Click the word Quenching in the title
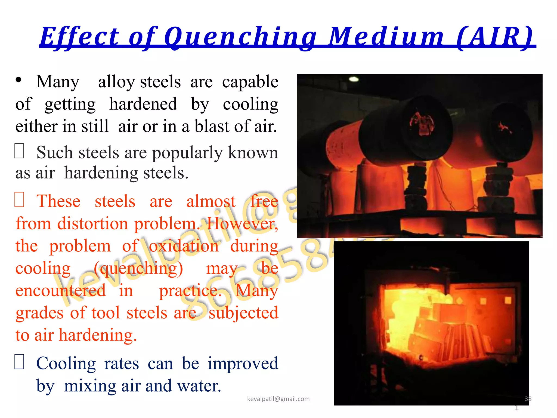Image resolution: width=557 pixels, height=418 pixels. (240, 37)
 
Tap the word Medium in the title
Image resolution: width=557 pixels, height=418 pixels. (386, 37)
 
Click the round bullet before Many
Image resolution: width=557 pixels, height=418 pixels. (18, 80)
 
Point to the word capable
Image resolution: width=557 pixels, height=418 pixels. (250, 82)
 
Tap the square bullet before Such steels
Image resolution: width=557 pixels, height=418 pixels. (19, 151)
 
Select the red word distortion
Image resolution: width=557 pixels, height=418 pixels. (93, 224)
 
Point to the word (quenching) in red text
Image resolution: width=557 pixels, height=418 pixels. (138, 269)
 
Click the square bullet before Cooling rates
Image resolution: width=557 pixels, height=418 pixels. (19, 362)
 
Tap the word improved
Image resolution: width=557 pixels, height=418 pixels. (243, 364)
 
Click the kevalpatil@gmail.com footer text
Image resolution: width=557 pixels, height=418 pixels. (278, 399)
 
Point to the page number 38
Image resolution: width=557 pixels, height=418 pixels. (528, 399)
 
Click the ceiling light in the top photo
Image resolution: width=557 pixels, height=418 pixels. (354, 79)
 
